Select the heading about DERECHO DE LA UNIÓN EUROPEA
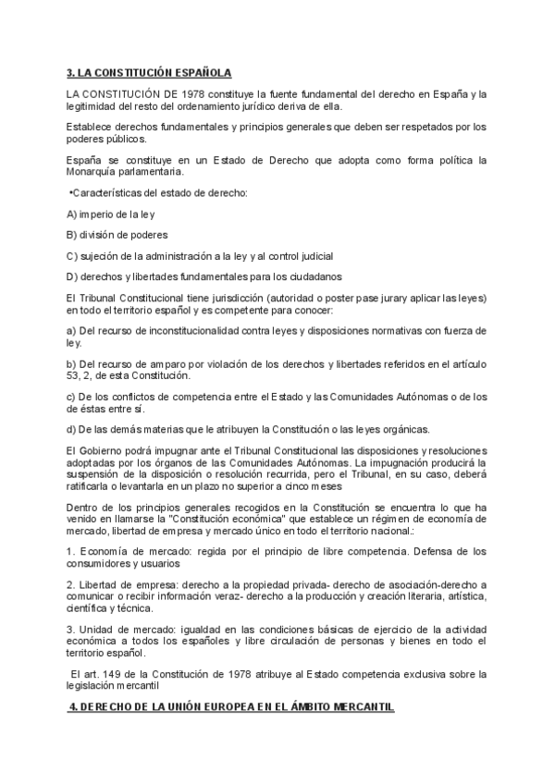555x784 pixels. [x=232, y=707]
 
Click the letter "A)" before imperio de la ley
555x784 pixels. [x=71, y=214]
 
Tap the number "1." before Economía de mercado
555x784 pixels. [x=71, y=551]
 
